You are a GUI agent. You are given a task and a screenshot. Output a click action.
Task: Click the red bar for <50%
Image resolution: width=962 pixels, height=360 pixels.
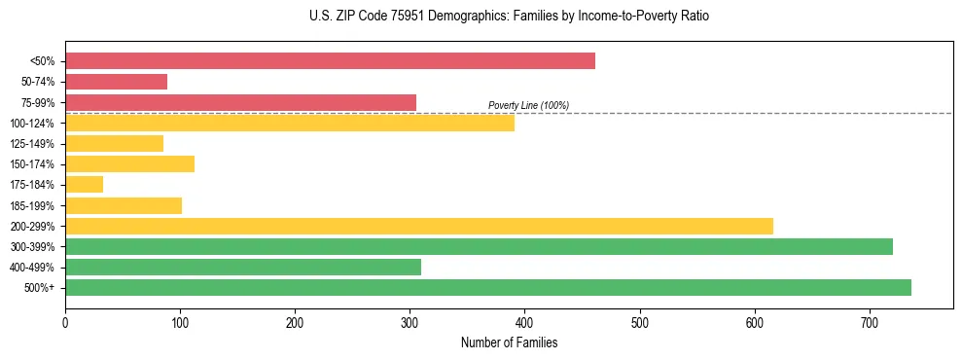pyautogui.click(x=330, y=61)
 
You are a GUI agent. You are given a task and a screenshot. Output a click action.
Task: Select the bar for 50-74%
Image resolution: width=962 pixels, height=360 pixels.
pyautogui.click(x=116, y=82)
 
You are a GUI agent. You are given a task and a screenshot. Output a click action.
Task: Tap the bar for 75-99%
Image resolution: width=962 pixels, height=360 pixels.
pyautogui.click(x=240, y=102)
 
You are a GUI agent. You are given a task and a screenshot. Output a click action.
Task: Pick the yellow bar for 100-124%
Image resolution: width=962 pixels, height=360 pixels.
pyautogui.click(x=289, y=123)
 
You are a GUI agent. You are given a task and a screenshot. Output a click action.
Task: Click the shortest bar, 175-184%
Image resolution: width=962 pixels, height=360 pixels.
pyautogui.click(x=84, y=185)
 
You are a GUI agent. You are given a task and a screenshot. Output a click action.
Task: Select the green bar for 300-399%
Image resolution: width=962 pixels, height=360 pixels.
pyautogui.click(x=479, y=246)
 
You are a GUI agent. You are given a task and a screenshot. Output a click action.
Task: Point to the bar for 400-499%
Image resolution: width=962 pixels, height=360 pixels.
pyautogui.click(x=242, y=267)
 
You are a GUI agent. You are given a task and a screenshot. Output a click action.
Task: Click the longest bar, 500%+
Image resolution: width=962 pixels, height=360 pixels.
pyautogui.click(x=487, y=287)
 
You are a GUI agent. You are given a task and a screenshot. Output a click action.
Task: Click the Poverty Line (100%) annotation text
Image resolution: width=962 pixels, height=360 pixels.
pyautogui.click(x=528, y=105)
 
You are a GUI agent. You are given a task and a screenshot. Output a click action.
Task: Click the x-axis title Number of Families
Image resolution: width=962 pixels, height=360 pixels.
pyautogui.click(x=509, y=342)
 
